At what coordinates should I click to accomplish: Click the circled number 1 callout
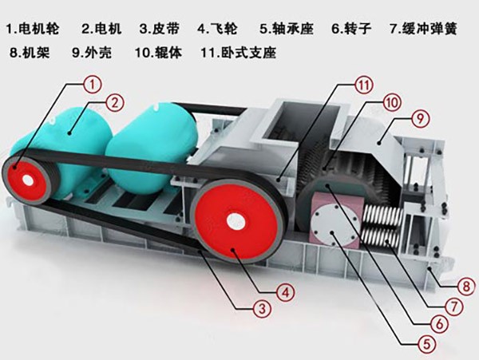click(x=93, y=84)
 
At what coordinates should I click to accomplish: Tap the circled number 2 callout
click(x=115, y=103)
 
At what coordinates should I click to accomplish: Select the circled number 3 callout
click(x=263, y=309)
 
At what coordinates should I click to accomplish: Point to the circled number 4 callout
click(x=286, y=293)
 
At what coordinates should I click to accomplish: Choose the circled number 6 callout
click(x=439, y=323)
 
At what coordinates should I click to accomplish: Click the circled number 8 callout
click(x=466, y=287)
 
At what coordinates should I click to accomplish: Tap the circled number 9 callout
click(x=421, y=118)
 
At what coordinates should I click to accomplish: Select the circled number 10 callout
click(x=392, y=102)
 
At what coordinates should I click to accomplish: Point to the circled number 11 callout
click(x=364, y=85)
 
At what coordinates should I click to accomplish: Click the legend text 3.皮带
click(x=159, y=29)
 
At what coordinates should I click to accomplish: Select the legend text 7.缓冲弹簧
click(x=423, y=29)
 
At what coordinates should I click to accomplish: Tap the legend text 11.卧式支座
click(x=239, y=52)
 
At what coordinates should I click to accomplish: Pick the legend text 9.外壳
click(x=92, y=52)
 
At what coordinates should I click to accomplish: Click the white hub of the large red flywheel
click(x=236, y=220)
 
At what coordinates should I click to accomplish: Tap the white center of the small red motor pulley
click(x=29, y=180)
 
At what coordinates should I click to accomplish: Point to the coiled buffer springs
click(x=382, y=224)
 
